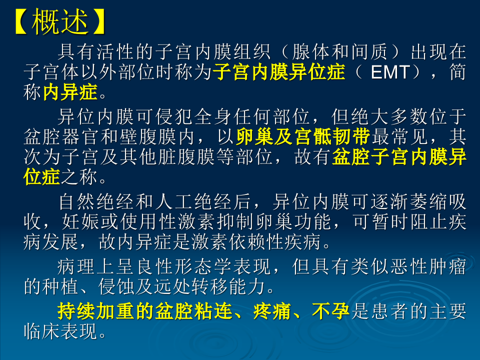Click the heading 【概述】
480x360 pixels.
coord(59,22)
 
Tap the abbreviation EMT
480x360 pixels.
coord(390,72)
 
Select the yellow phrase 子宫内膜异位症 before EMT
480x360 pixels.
coord(279,72)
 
